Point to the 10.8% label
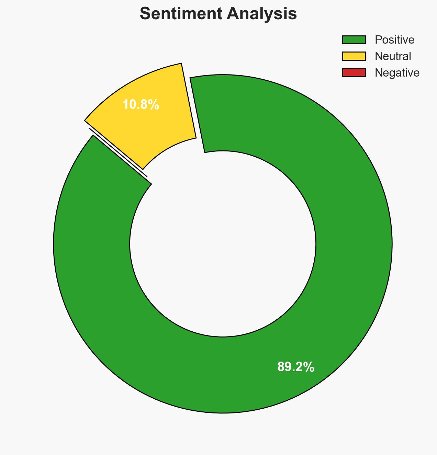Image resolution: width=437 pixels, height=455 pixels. point(141,105)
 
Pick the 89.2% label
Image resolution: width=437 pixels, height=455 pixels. point(295,367)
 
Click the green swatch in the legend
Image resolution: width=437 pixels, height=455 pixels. point(354,40)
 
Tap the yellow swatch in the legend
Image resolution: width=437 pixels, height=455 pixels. point(354,56)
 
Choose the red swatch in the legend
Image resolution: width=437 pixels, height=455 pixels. point(354,72)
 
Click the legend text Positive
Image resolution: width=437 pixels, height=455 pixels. point(394,40)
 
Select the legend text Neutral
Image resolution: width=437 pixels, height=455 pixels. point(393,56)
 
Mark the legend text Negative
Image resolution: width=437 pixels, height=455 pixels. point(397,73)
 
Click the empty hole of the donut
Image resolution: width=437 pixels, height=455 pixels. point(223,244)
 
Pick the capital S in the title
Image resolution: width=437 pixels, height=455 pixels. point(146,14)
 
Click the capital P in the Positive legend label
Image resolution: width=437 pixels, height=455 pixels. point(378,40)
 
